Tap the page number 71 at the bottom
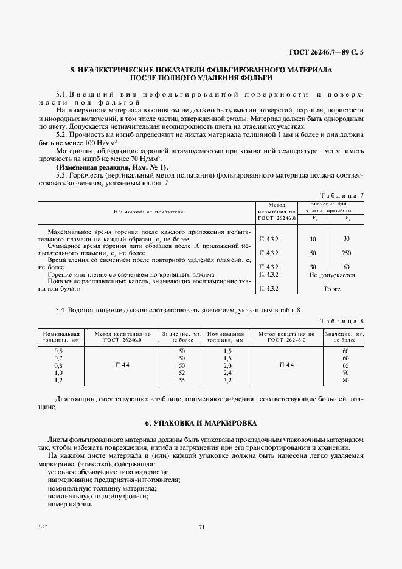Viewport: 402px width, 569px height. tap(201, 527)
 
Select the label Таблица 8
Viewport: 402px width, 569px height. tap(344, 320)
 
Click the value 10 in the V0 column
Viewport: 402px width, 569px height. tap(313, 239)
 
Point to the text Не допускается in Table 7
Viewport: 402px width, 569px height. tap(332, 275)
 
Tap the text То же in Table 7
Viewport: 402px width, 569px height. tap(332, 289)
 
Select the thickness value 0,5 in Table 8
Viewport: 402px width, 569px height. tap(58, 351)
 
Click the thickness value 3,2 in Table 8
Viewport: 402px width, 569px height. tap(227, 380)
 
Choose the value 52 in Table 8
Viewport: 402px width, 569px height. tap(181, 373)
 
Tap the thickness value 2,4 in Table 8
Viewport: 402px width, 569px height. tap(227, 373)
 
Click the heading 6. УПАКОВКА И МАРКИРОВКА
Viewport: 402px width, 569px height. tap(201, 422)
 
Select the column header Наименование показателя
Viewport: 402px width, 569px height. tap(148, 211)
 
